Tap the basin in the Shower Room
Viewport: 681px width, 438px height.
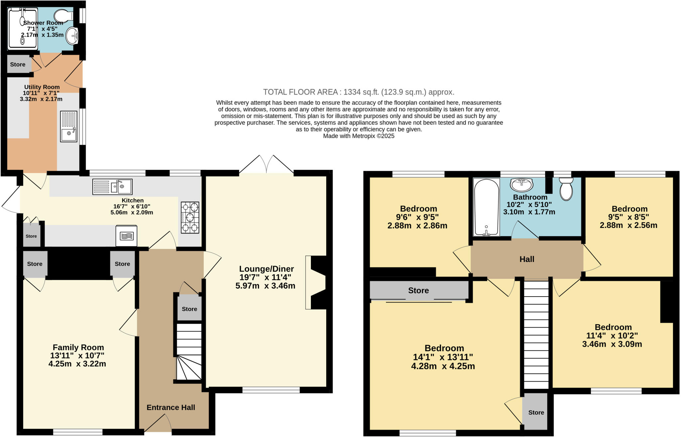(72, 36)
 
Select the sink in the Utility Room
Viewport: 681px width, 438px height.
(69, 126)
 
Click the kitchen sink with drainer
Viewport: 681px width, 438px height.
(112, 186)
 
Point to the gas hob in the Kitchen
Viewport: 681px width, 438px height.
(190, 217)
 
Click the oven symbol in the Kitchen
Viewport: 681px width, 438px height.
(126, 236)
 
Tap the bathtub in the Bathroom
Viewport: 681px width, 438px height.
(486, 207)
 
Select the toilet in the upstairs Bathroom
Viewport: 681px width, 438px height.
(566, 189)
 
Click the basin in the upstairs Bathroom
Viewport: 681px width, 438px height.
(522, 184)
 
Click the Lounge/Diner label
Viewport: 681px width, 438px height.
(267, 269)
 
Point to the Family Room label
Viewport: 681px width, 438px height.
(78, 347)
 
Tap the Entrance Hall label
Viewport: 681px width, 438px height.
(171, 407)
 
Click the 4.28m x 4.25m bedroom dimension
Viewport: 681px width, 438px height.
(443, 366)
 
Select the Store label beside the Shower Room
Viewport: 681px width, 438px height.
(18, 65)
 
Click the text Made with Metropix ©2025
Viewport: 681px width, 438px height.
(359, 136)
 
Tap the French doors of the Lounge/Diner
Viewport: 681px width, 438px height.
(266, 164)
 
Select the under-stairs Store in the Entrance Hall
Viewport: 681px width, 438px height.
(190, 309)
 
